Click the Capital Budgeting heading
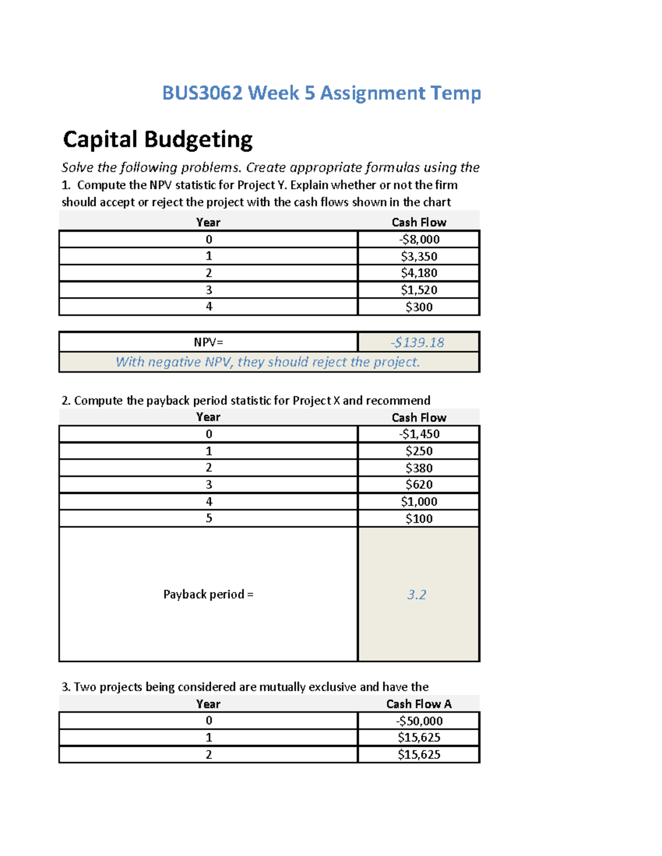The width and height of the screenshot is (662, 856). click(158, 139)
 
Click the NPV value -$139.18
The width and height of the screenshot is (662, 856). click(417, 342)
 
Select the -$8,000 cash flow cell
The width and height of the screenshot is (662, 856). click(419, 239)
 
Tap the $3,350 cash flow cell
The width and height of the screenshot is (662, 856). click(419, 256)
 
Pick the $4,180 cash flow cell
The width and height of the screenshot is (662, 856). click(419, 273)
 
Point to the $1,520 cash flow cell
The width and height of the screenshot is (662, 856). click(419, 290)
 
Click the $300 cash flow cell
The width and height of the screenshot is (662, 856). click(419, 307)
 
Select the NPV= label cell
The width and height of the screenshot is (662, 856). click(209, 342)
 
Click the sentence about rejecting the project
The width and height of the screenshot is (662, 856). click(268, 362)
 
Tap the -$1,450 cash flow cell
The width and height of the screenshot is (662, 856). click(419, 434)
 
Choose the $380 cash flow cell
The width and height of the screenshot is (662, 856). click(419, 468)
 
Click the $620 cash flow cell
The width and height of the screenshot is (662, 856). click(419, 484)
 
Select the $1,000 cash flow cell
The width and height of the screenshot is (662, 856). click(419, 502)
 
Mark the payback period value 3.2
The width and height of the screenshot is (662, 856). click(417, 594)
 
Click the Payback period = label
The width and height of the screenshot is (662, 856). click(209, 594)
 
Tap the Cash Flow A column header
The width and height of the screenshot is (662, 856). click(419, 704)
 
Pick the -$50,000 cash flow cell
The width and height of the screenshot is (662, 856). click(419, 721)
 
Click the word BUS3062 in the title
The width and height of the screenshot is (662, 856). click(202, 93)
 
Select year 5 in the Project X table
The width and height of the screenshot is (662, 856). click(209, 518)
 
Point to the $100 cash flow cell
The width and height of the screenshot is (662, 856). click(419, 519)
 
